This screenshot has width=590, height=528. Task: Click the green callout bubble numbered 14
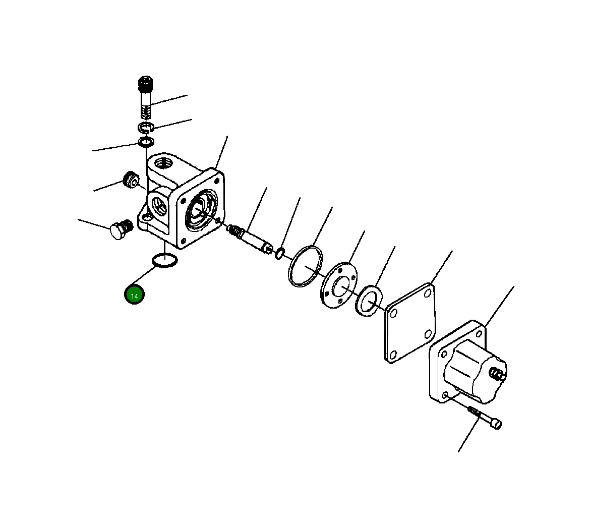[134, 296]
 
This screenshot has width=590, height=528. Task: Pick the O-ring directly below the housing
[164, 260]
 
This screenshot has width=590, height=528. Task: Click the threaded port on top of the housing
[162, 163]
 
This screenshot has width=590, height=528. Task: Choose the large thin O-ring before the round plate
[305, 266]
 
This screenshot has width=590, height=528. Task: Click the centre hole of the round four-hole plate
[339, 286]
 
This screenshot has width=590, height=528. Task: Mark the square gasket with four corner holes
[409, 323]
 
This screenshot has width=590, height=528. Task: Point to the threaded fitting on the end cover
[497, 374]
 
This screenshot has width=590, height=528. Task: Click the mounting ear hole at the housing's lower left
[147, 219]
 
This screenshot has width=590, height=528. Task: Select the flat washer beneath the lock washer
[146, 142]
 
